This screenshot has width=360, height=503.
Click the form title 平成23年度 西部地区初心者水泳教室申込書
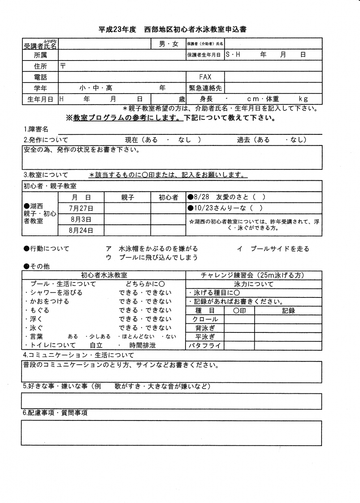[173, 29]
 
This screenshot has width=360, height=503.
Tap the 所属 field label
[40, 55]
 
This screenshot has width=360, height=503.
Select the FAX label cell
[205, 77]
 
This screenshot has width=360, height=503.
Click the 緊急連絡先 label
[205, 88]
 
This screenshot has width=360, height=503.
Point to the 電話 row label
[40, 77]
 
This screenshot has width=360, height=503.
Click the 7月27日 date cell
[81, 208]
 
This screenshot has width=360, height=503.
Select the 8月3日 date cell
[81, 219]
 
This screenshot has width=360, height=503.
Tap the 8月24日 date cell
[81, 230]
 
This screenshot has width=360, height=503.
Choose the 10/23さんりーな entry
[226, 208]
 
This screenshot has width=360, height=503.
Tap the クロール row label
[205, 319]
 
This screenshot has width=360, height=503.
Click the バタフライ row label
[205, 346]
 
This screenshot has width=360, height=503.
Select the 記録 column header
[288, 310]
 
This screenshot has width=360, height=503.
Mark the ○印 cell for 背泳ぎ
[239, 328]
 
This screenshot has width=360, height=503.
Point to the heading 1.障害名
[36, 129]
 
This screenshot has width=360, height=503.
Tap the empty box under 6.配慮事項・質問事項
[171, 433]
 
